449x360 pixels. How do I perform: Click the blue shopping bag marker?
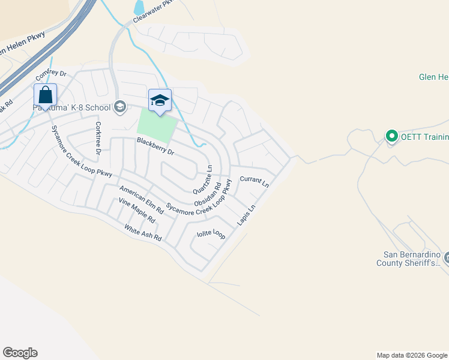tap(45, 95)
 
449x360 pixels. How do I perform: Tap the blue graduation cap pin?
tap(160, 101)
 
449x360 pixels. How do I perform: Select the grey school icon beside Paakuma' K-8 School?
tap(119, 107)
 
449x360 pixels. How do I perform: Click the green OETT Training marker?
tap(392, 137)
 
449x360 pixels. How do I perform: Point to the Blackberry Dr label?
tap(155, 146)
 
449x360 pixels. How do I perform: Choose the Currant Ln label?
tap(254, 181)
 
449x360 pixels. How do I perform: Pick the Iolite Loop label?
tap(211, 233)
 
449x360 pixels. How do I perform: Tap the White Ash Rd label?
tap(143, 233)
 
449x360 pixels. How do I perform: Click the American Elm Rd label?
tap(141, 200)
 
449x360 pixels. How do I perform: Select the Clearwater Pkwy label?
tap(152, 11)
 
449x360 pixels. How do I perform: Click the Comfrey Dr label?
tap(50, 75)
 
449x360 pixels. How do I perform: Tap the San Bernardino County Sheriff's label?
tap(412, 258)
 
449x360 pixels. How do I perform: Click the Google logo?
tap(20, 353)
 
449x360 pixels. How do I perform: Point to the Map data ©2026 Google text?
tap(411, 355)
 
